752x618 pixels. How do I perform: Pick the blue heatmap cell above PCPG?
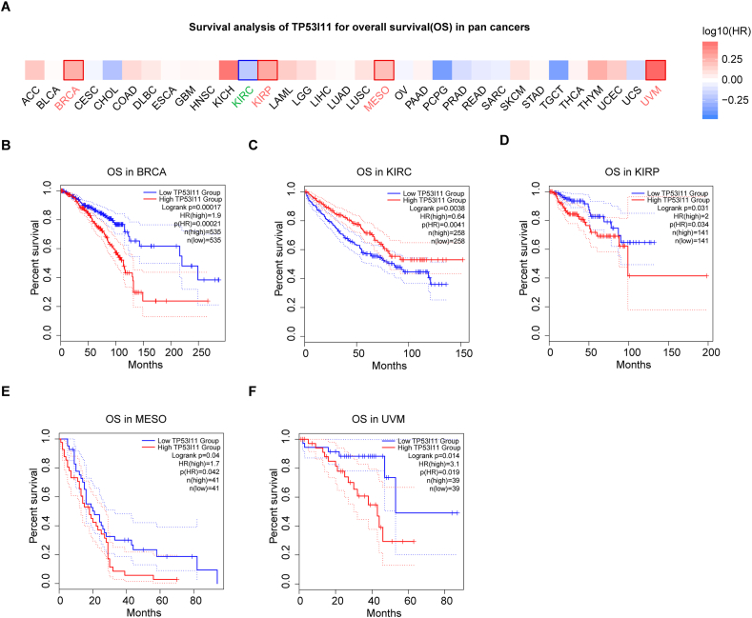pyautogui.click(x=441, y=70)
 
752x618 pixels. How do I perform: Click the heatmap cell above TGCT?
pyautogui.click(x=559, y=70)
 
